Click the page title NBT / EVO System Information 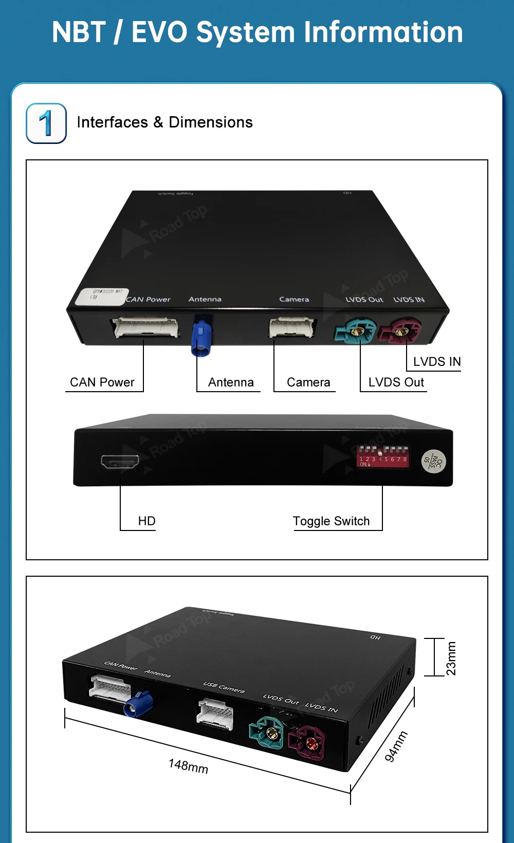(257, 32)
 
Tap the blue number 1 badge (46, 123)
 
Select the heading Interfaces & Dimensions (164, 122)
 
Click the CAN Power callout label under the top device (102, 382)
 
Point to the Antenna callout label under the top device (231, 382)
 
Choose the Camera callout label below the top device (308, 382)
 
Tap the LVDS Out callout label (396, 382)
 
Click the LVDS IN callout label (437, 362)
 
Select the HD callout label (146, 521)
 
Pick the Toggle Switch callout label (331, 521)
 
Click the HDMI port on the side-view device (120, 462)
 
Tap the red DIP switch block (383, 455)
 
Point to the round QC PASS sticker (433, 461)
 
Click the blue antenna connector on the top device (201, 337)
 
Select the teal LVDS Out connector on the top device (355, 331)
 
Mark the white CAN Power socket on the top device (146, 327)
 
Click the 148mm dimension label (188, 766)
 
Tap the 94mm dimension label (396, 746)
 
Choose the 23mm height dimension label (451, 658)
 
